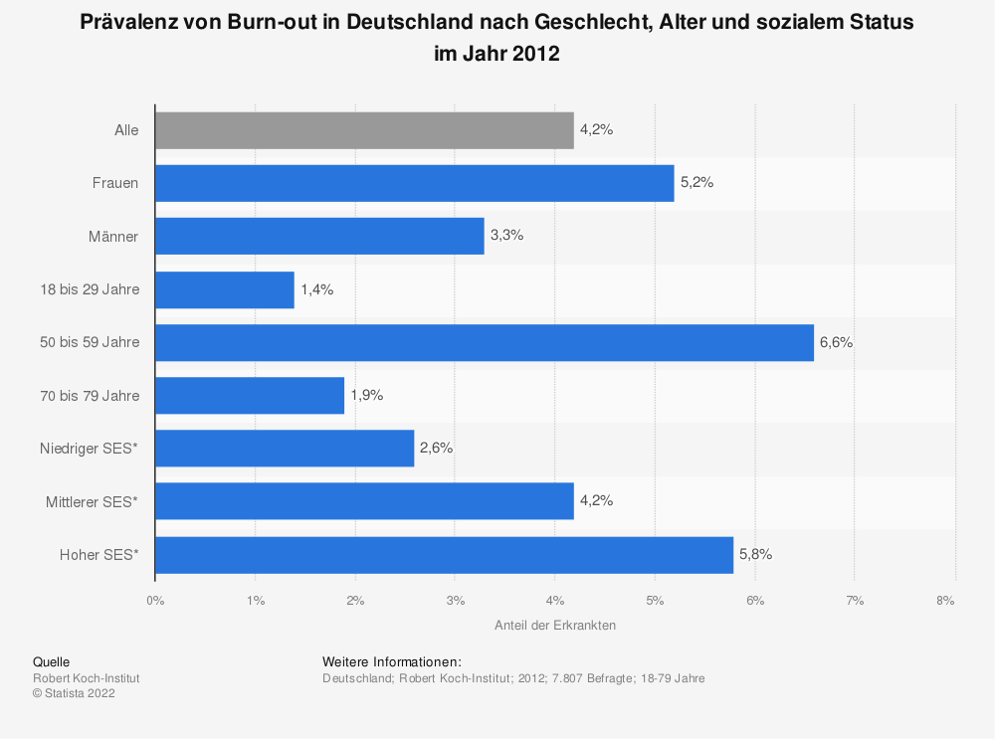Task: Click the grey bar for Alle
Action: (364, 130)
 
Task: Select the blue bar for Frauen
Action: (414, 183)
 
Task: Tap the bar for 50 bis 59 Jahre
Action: (484, 342)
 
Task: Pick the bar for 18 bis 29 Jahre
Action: (224, 289)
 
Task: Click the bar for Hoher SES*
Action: (444, 555)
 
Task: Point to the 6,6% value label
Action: (836, 342)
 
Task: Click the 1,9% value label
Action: (366, 395)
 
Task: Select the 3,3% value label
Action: (506, 236)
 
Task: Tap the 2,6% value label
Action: (436, 449)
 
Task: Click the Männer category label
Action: (113, 237)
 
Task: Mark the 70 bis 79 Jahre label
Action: (89, 396)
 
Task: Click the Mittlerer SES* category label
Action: (92, 502)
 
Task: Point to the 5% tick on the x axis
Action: (655, 601)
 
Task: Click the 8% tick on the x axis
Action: (945, 601)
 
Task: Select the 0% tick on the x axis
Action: (155, 601)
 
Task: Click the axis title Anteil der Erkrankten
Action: (554, 626)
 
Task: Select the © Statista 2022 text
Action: (74, 694)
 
